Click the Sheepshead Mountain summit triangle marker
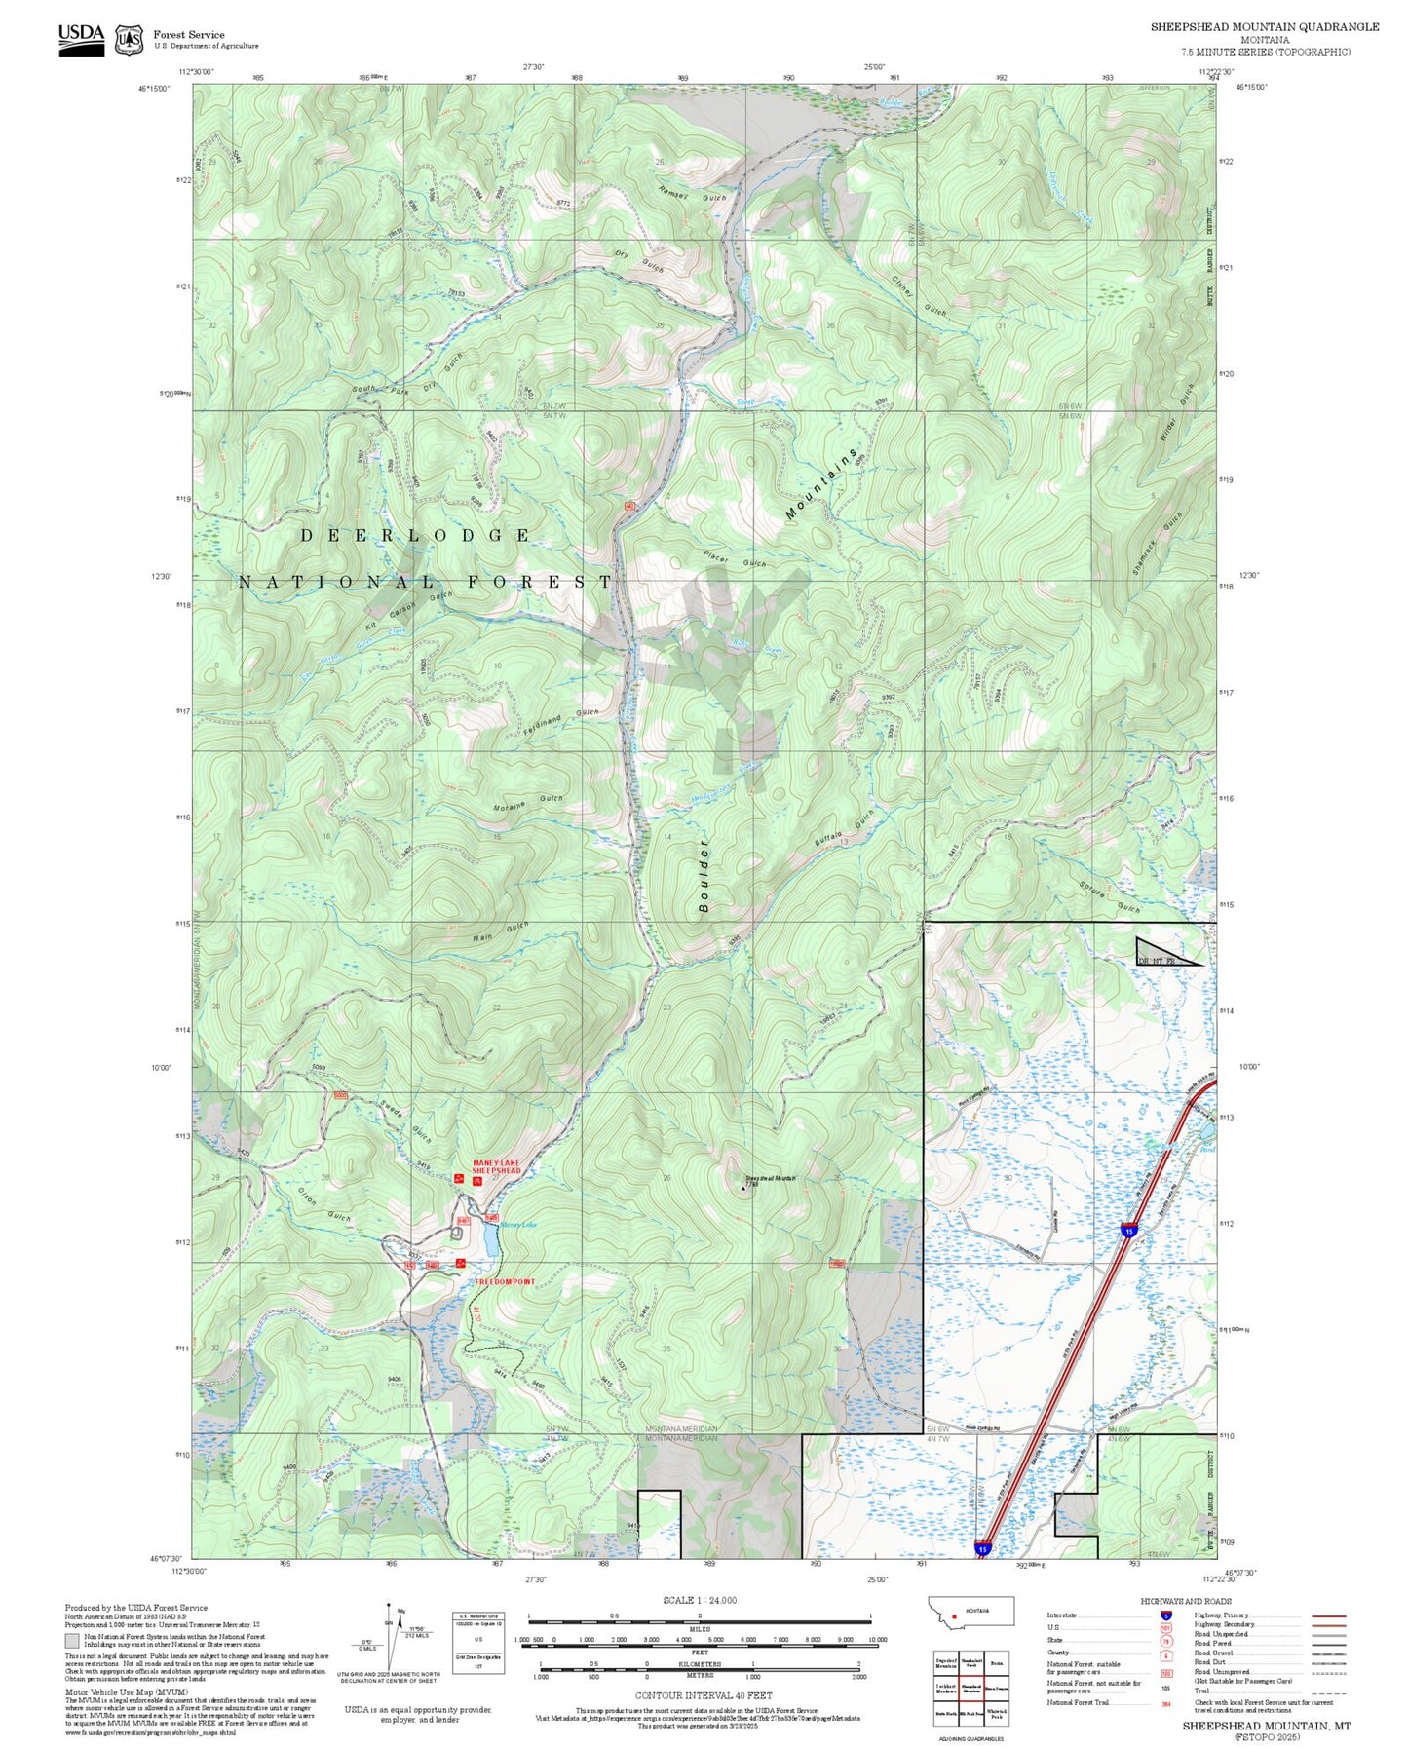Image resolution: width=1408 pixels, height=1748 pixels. [743, 1187]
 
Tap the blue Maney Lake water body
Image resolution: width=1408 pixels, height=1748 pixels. [489, 1239]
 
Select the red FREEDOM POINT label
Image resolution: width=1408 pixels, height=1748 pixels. [505, 1281]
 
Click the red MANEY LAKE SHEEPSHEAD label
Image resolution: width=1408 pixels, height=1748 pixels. [496, 1166]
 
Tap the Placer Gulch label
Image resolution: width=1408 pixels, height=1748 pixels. [735, 559]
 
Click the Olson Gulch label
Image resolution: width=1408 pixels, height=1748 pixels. [325, 1206]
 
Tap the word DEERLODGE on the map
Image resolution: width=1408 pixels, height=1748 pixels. [415, 536]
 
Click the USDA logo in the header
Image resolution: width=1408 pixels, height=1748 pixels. [81, 39]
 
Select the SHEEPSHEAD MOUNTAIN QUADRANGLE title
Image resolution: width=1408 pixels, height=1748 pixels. [1264, 27]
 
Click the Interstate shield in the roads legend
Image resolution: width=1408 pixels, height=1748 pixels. [1165, 1615]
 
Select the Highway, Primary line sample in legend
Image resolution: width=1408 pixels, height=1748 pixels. [1329, 1615]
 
